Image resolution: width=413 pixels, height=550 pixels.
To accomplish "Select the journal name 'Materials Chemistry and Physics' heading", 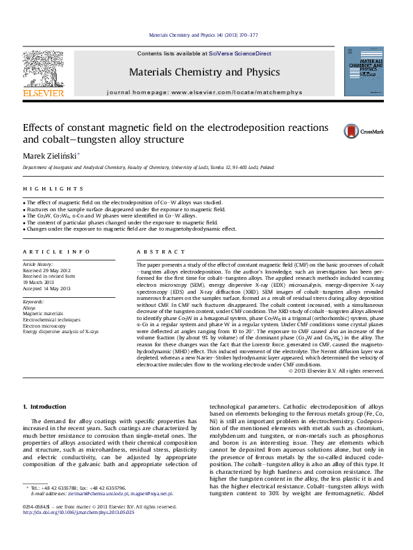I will [x=204, y=72].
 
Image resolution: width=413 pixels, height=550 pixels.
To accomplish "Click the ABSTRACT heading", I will [x=156, y=252].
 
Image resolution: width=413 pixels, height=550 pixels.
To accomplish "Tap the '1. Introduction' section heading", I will [x=45, y=406].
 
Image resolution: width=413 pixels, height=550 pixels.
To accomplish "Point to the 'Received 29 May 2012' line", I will [x=47, y=271].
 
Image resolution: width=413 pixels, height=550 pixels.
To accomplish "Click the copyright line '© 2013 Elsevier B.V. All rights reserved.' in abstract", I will [x=335, y=371].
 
